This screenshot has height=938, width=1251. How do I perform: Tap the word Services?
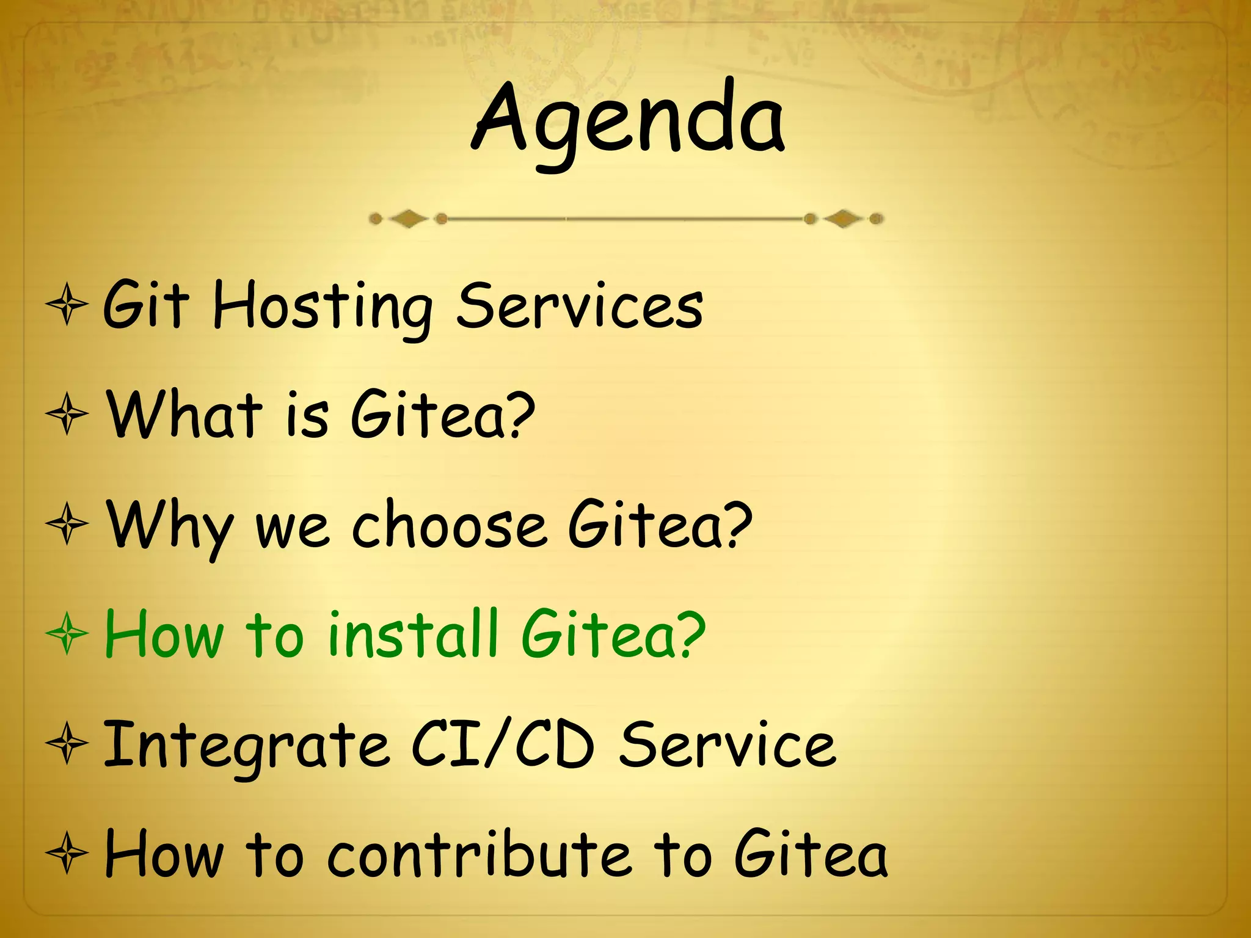pyautogui.click(x=580, y=305)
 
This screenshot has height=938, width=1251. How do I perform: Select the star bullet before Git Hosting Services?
pyautogui.click(x=67, y=304)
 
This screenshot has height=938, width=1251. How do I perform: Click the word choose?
pyautogui.click(x=449, y=525)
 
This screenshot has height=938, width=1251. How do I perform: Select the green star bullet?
pyautogui.click(x=67, y=634)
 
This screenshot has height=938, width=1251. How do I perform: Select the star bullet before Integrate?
pyautogui.click(x=67, y=744)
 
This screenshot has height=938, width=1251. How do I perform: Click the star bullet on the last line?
pyautogui.click(x=67, y=854)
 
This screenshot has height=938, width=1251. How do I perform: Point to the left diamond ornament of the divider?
pyautogui.click(x=408, y=219)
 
